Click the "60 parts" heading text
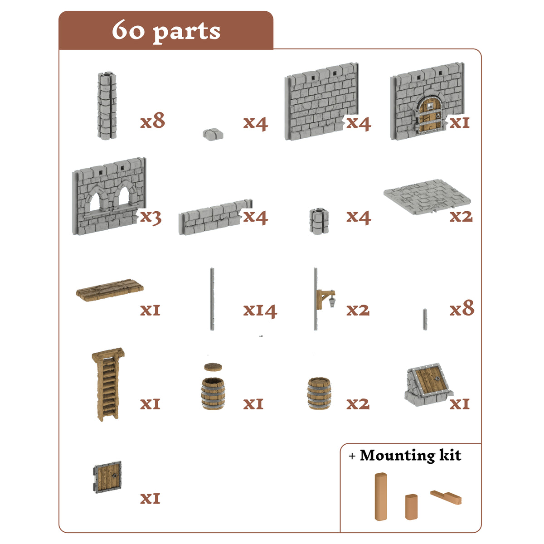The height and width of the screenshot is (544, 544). pos(166,31)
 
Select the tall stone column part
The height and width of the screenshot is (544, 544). pos(107,106)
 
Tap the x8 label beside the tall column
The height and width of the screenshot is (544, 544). pos(152,121)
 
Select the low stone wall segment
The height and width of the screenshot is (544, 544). pos(216,217)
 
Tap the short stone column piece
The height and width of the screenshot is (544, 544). pos(319,221)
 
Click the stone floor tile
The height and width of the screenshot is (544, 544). pos(427,197)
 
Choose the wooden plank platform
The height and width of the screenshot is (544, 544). pos(110,290)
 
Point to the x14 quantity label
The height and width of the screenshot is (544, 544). pos(260,311)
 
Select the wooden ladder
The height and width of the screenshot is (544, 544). pos(108,384)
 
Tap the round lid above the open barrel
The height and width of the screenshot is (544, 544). pos(213,367)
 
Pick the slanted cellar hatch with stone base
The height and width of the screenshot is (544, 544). pos(428,384)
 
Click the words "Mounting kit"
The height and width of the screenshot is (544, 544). pos(410,455)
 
